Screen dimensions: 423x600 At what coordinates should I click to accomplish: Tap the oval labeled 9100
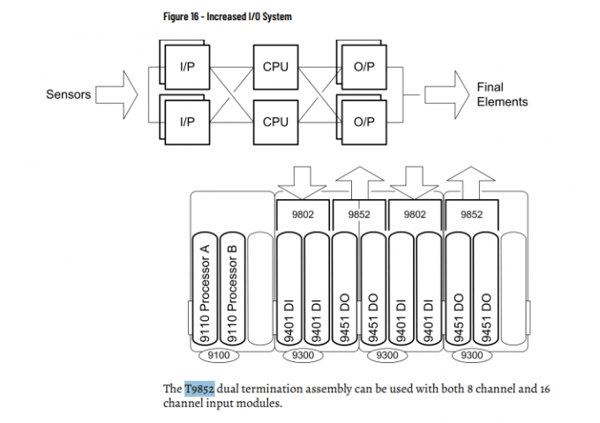click(219, 355)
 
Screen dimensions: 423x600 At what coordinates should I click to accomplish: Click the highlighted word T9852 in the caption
click(199, 388)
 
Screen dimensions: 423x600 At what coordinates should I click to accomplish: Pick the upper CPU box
click(275, 66)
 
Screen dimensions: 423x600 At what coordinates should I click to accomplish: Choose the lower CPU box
click(275, 122)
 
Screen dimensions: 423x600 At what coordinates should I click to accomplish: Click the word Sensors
click(68, 94)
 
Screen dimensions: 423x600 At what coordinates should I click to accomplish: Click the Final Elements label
click(502, 94)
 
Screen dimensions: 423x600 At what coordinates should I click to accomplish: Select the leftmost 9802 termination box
click(304, 212)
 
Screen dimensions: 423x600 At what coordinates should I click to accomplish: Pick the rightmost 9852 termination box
click(472, 212)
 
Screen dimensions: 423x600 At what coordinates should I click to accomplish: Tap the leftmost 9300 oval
click(304, 355)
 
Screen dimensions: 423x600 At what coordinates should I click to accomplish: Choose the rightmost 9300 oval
click(472, 355)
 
